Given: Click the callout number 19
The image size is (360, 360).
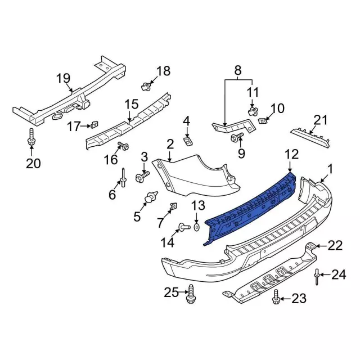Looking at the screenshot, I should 64,78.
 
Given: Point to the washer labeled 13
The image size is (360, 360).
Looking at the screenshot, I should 196,227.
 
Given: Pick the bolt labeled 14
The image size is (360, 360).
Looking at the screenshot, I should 183,227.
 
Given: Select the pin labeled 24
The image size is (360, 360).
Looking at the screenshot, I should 318,276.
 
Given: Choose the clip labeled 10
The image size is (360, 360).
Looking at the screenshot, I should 262,120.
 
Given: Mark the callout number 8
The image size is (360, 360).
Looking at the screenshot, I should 238,71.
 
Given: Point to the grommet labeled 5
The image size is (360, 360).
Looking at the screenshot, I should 151,198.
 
